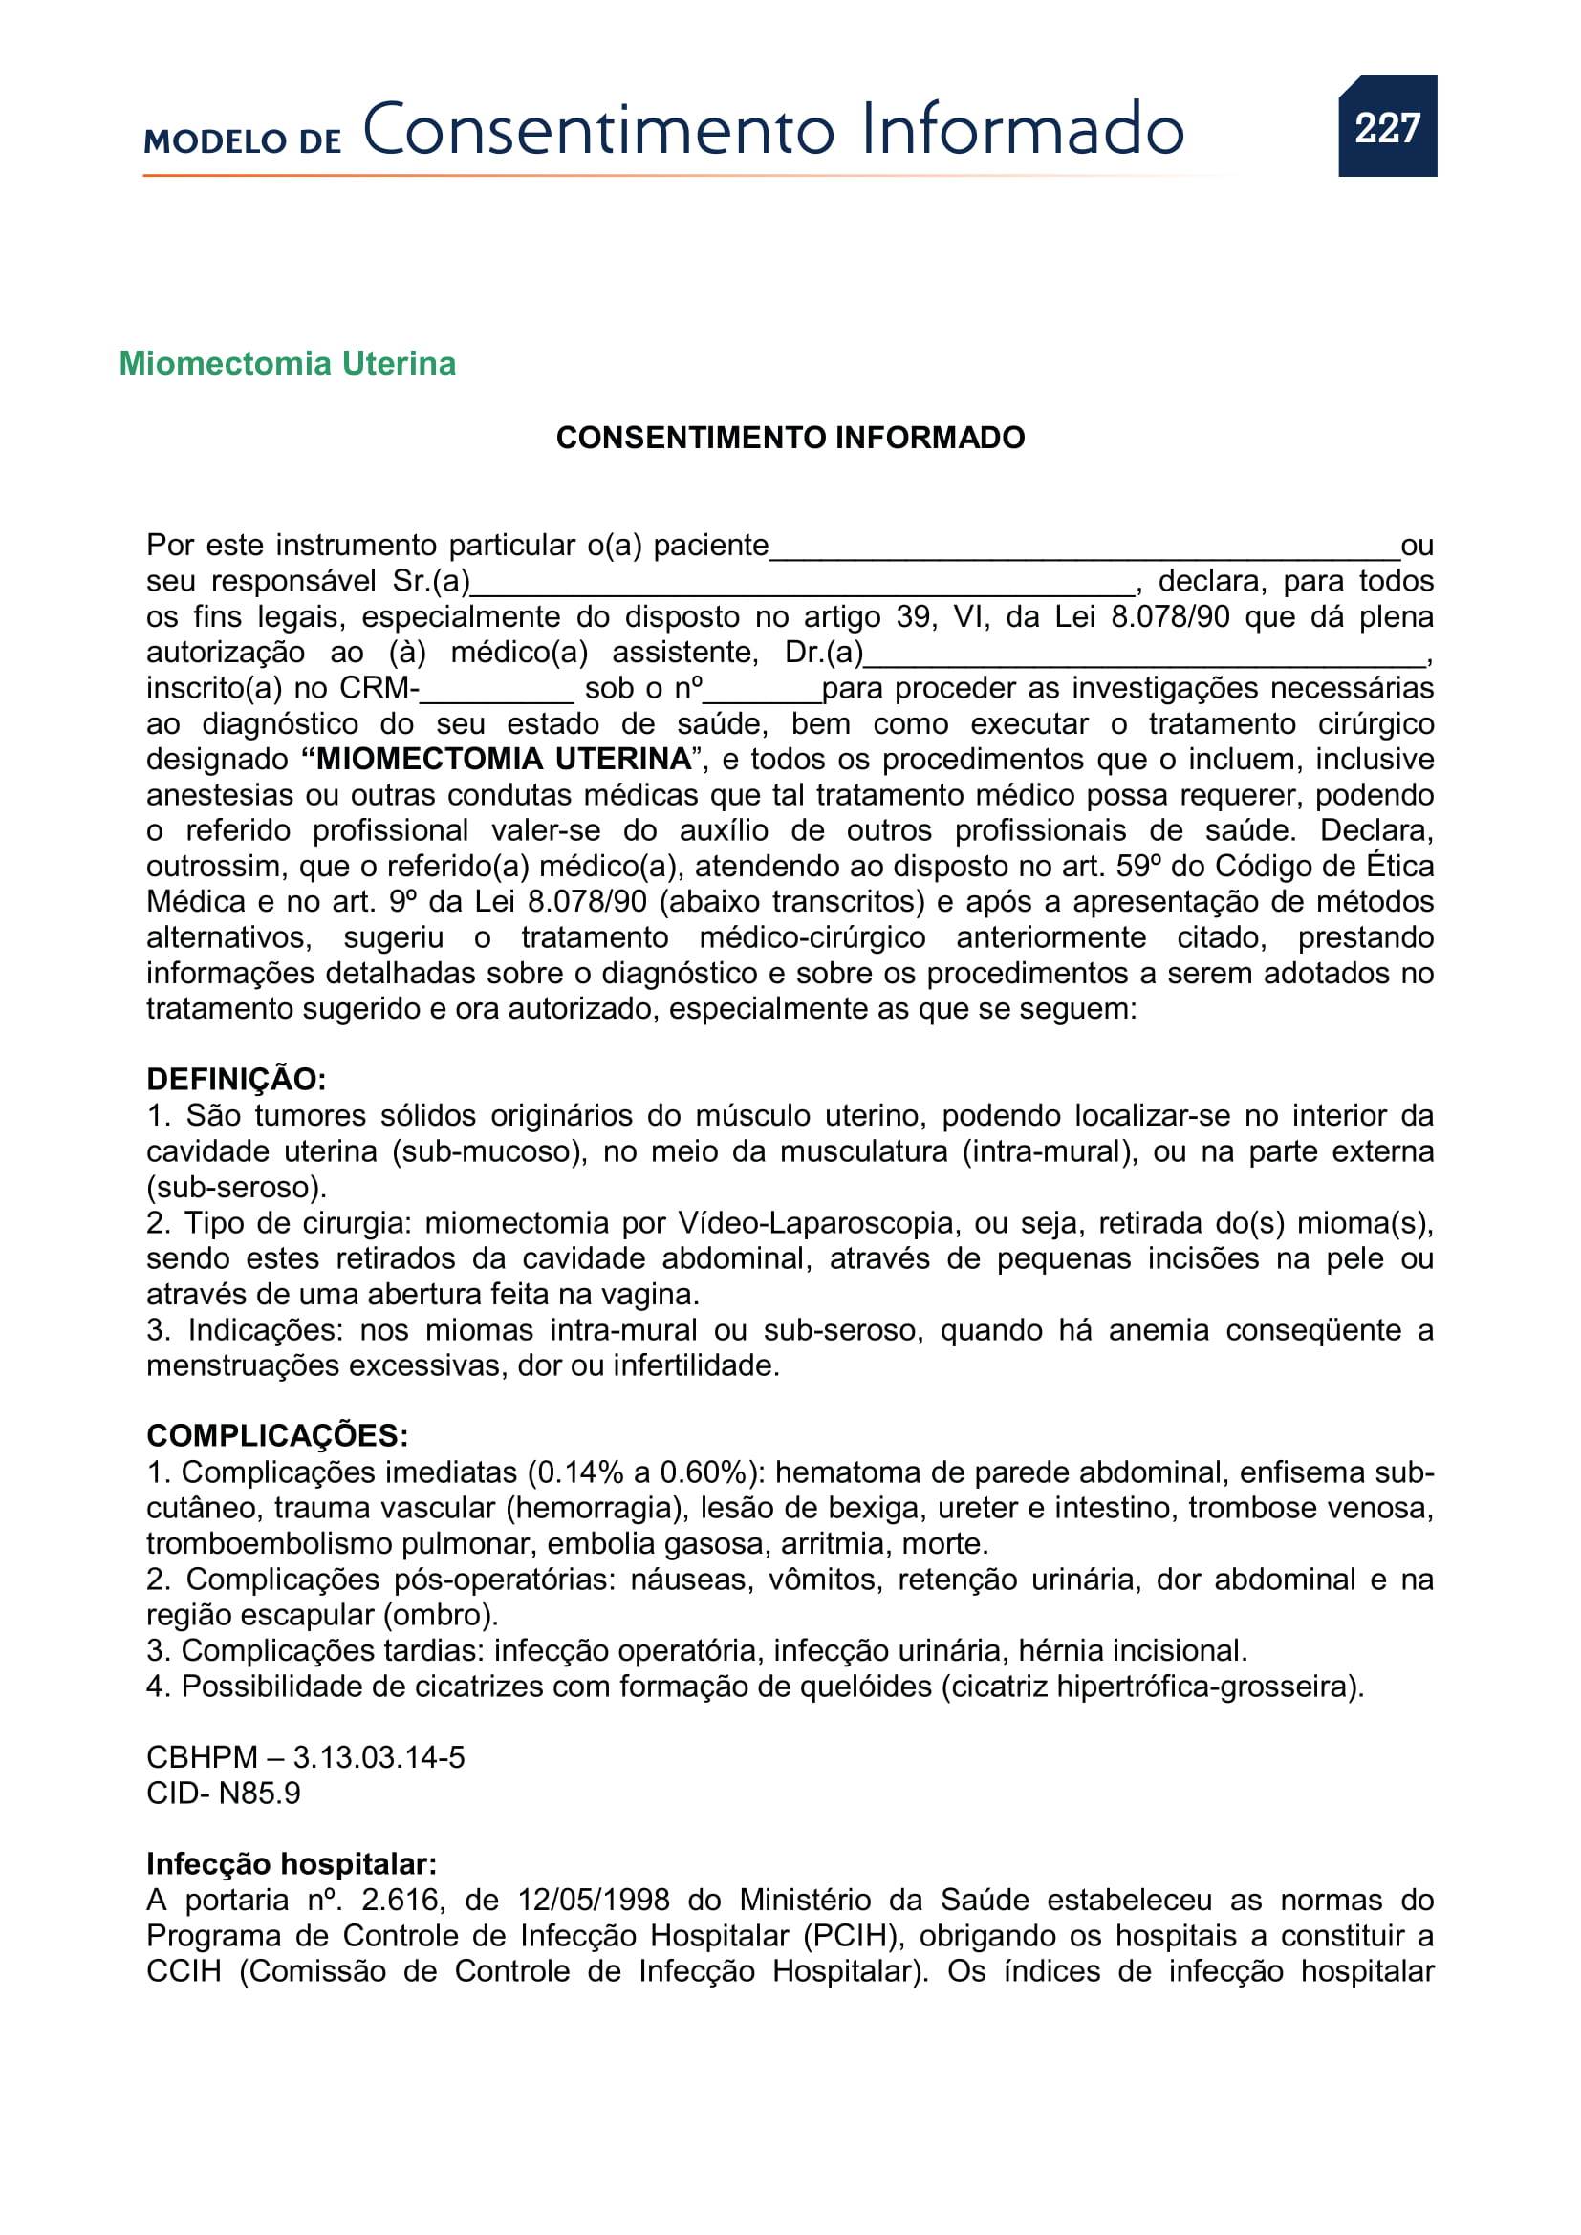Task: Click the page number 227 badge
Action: pyautogui.click(x=1386, y=126)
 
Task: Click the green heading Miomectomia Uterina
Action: pyautogui.click(x=287, y=363)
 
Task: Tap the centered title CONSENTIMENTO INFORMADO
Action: pyautogui.click(x=790, y=437)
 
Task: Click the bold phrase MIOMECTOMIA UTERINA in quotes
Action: pyautogui.click(x=503, y=759)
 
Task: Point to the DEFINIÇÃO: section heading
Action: pyautogui.click(x=235, y=1080)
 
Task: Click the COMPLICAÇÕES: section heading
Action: pyautogui.click(x=276, y=1436)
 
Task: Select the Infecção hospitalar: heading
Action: pyautogui.click(x=292, y=1864)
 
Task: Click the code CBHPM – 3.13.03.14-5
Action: pyautogui.click(x=305, y=1757)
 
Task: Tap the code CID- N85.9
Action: pyautogui.click(x=223, y=1793)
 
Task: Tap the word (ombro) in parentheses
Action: pyautogui.click(x=440, y=1615)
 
